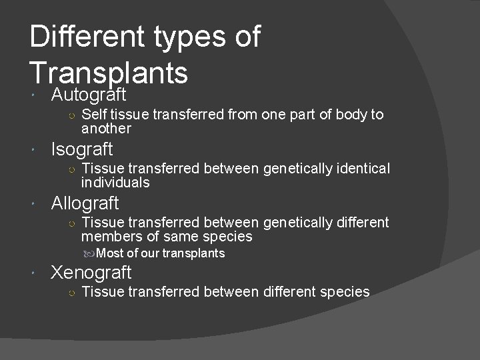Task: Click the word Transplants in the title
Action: (x=109, y=71)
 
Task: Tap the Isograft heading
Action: (x=82, y=149)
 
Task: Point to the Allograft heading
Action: (x=85, y=203)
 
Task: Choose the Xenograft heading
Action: (x=91, y=273)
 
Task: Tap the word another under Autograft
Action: (x=106, y=129)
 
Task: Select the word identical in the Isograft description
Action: (x=361, y=169)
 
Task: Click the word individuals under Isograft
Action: (x=115, y=183)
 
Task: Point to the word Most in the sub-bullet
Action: (x=109, y=253)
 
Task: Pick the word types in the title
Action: (x=185, y=37)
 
